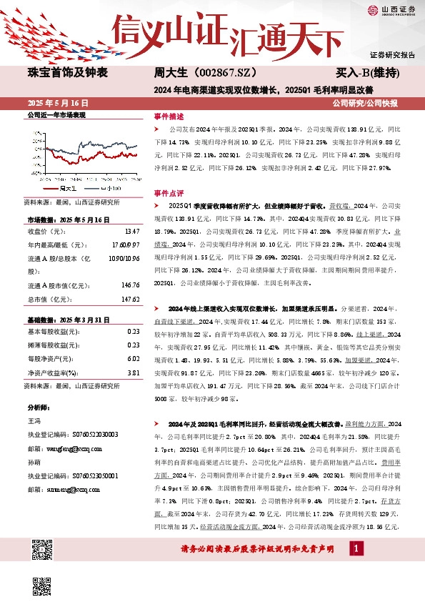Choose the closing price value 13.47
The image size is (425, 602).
pos(131,231)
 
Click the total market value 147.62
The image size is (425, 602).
pos(130,299)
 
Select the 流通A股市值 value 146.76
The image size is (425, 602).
pos(130,285)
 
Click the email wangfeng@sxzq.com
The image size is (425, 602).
pos(61,448)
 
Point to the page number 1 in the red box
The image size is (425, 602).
pos(355,568)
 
